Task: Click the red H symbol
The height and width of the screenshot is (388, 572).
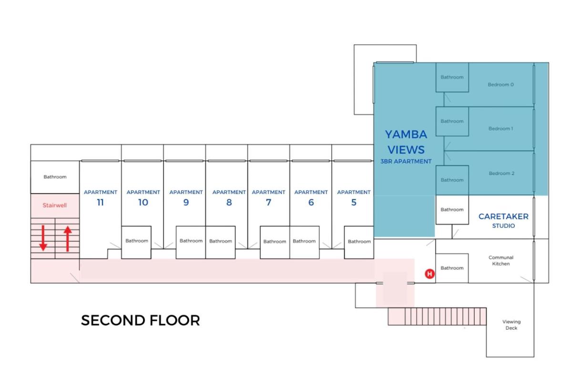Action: click(430, 274)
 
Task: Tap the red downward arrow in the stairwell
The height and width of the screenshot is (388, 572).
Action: click(43, 238)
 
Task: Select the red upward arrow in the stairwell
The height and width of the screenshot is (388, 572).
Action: click(68, 239)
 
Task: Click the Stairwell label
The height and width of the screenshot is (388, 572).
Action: click(55, 205)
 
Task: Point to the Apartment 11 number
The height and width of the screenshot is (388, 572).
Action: click(101, 202)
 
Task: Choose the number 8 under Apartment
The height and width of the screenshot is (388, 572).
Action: click(229, 202)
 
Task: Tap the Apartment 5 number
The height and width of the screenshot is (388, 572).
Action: click(354, 202)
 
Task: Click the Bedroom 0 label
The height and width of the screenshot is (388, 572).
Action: click(501, 84)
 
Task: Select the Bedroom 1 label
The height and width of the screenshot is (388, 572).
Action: click(501, 129)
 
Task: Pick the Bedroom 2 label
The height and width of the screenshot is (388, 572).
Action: click(501, 173)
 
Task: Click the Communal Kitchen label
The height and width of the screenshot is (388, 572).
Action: click(501, 261)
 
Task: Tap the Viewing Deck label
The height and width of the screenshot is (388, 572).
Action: click(511, 325)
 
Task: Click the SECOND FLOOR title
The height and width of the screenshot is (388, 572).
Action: click(141, 320)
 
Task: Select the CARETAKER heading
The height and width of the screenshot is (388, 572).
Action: click(503, 216)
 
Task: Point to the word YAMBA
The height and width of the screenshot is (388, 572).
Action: click(406, 134)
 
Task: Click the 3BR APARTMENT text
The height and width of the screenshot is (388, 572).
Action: click(406, 162)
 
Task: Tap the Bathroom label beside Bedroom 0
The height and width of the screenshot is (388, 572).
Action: click(452, 77)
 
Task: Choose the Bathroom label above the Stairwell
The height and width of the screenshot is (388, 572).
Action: click(55, 177)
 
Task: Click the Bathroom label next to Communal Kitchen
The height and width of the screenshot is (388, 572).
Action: click(452, 268)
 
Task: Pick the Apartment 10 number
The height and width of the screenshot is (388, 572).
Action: click(143, 202)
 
